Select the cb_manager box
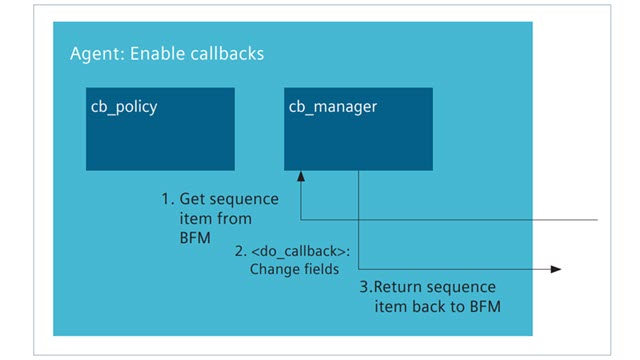click(358, 129)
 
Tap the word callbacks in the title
click(226, 53)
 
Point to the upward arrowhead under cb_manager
click(301, 177)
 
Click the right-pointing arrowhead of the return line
click(555, 269)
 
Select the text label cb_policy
click(125, 106)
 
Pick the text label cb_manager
click(333, 106)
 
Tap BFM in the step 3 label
click(480, 305)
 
